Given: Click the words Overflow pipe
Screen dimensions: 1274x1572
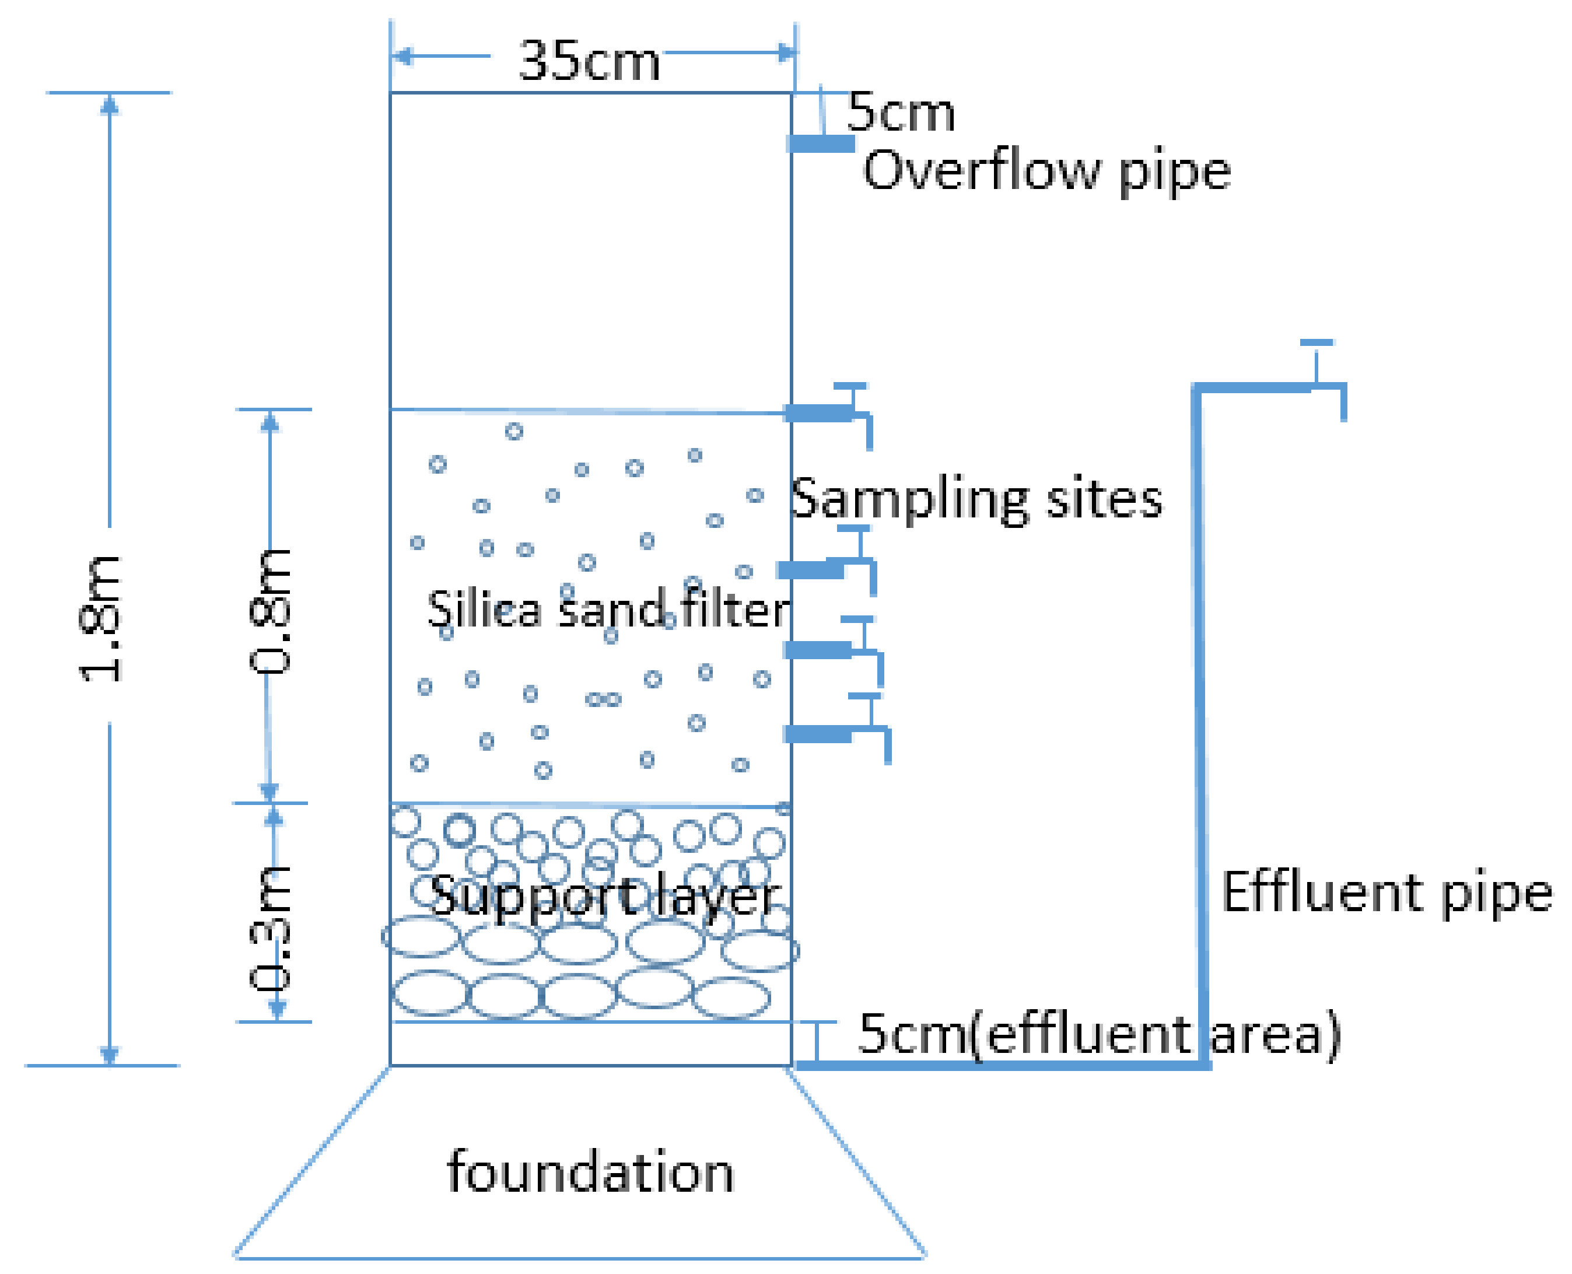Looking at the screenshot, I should tap(1046, 171).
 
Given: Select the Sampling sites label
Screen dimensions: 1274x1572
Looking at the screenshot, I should tap(975, 499).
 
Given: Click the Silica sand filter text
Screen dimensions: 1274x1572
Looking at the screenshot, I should tap(608, 609).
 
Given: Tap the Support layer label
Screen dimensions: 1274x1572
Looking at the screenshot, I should tap(603, 897).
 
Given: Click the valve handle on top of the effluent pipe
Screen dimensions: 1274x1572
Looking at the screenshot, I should tap(1316, 344).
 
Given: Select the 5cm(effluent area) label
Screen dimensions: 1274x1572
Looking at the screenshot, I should tap(1098, 1034).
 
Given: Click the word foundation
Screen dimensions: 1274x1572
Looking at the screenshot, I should tap(590, 1172).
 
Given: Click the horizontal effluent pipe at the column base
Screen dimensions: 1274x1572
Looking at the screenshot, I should tap(998, 1065).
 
